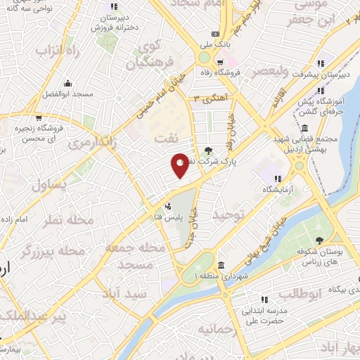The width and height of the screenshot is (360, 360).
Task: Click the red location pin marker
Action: [x=180, y=165]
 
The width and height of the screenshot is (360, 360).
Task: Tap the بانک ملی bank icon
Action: [x=216, y=34]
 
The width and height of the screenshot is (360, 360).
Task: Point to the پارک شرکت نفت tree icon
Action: [x=208, y=150]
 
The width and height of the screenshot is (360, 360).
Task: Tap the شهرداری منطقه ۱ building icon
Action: [x=221, y=266]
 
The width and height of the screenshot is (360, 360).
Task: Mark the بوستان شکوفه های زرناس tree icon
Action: [x=319, y=240]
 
